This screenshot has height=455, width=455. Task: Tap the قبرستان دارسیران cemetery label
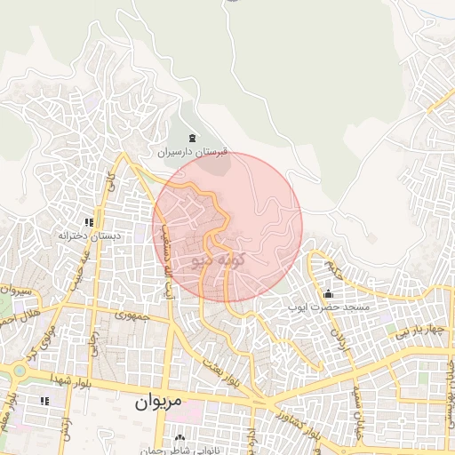tap(193, 153)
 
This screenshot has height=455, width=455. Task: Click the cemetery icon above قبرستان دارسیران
tap(193, 138)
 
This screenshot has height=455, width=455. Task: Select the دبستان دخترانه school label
tap(89, 236)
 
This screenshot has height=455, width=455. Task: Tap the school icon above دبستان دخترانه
tap(89, 222)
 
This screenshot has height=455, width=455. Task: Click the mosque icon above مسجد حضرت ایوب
tap(328, 294)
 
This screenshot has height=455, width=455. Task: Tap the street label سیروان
tap(15, 291)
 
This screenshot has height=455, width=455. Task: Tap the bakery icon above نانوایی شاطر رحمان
tap(182, 438)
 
